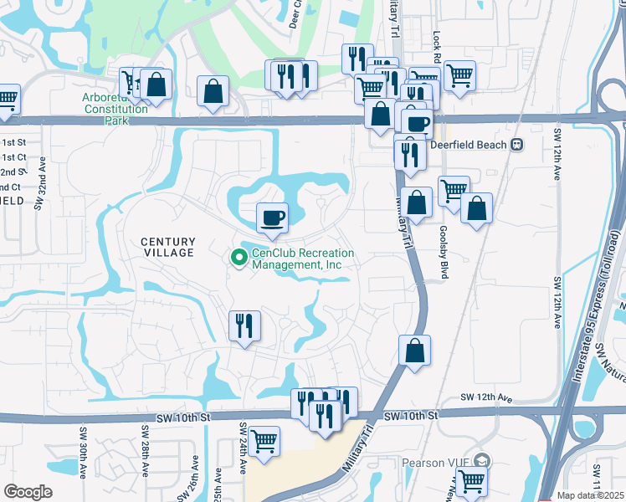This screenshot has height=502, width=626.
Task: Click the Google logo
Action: pos(27,492)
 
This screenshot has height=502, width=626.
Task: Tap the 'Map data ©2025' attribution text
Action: pos(591,495)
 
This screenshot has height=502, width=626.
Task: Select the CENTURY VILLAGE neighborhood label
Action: pos(162,246)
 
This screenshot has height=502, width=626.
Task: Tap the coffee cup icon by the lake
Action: pos(272,218)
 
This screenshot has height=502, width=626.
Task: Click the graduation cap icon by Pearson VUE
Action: pos(482,460)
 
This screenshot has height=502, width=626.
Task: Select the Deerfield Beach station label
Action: pos(468,145)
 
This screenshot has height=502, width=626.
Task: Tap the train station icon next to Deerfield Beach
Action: pos(517,145)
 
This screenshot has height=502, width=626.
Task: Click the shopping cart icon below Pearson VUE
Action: pos(471,481)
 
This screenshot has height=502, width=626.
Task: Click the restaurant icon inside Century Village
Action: pos(244,325)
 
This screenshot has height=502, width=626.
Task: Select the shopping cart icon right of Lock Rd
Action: pos(459,76)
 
